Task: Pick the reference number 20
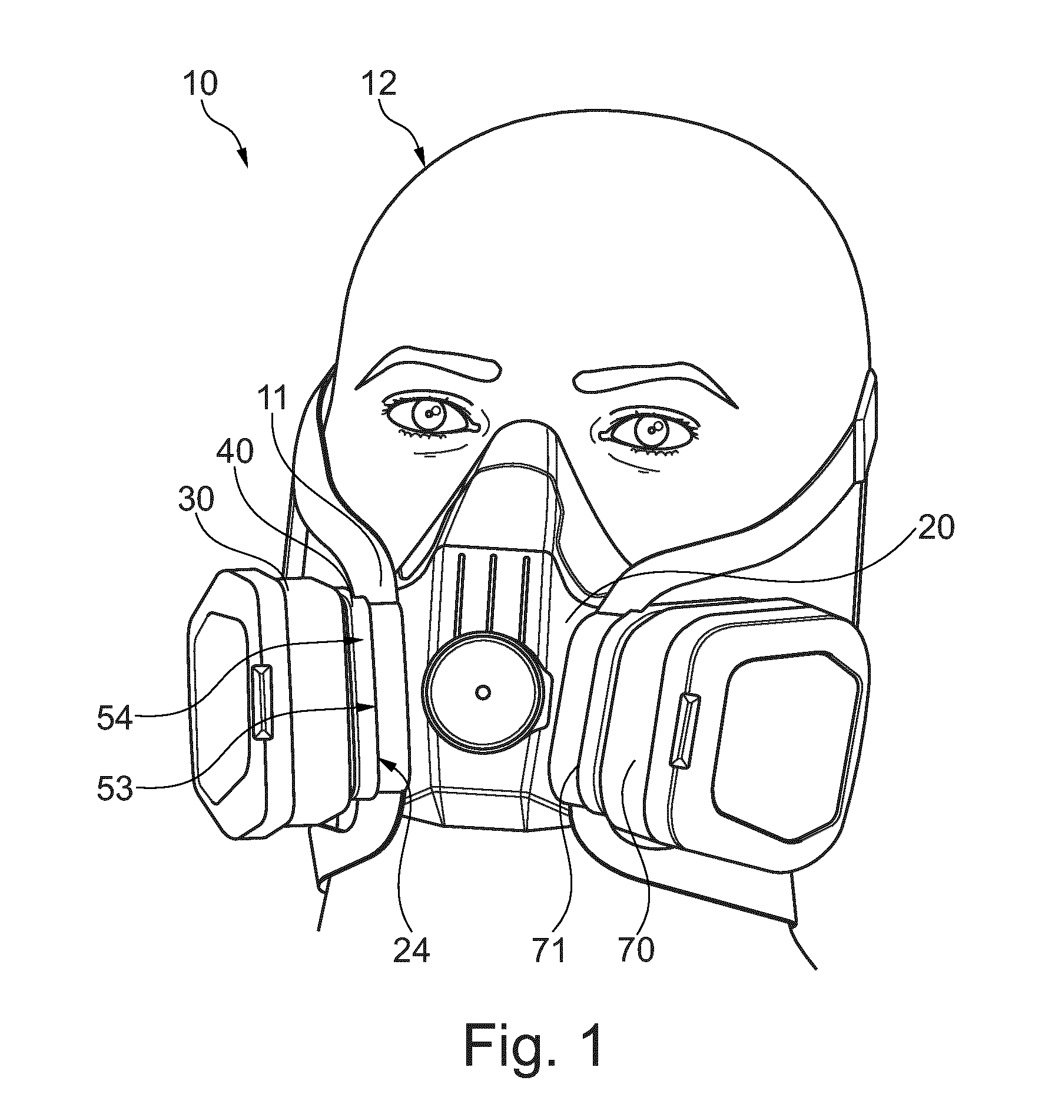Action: pyautogui.click(x=934, y=527)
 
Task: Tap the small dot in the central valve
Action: pyautogui.click(x=483, y=693)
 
